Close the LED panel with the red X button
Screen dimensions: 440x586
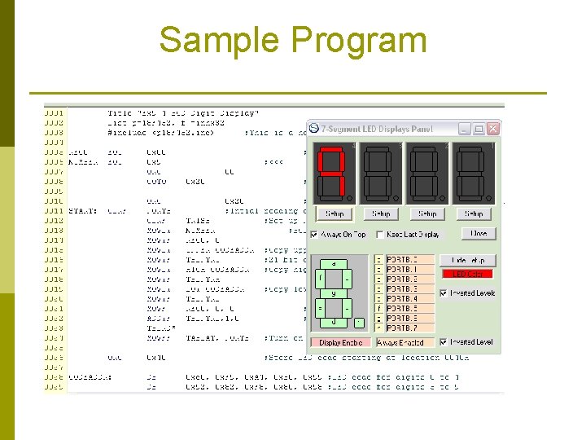(492, 129)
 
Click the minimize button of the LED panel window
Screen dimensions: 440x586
(464, 129)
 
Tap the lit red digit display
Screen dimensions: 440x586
(333, 174)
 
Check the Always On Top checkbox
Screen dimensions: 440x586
(315, 235)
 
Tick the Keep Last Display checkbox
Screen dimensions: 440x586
(380, 235)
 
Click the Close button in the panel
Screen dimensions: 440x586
(479, 234)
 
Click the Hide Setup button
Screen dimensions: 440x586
(467, 260)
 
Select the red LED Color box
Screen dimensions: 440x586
(467, 274)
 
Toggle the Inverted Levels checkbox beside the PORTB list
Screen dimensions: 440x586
(444, 293)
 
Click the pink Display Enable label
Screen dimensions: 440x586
(341, 343)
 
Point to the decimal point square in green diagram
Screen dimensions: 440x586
(359, 323)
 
